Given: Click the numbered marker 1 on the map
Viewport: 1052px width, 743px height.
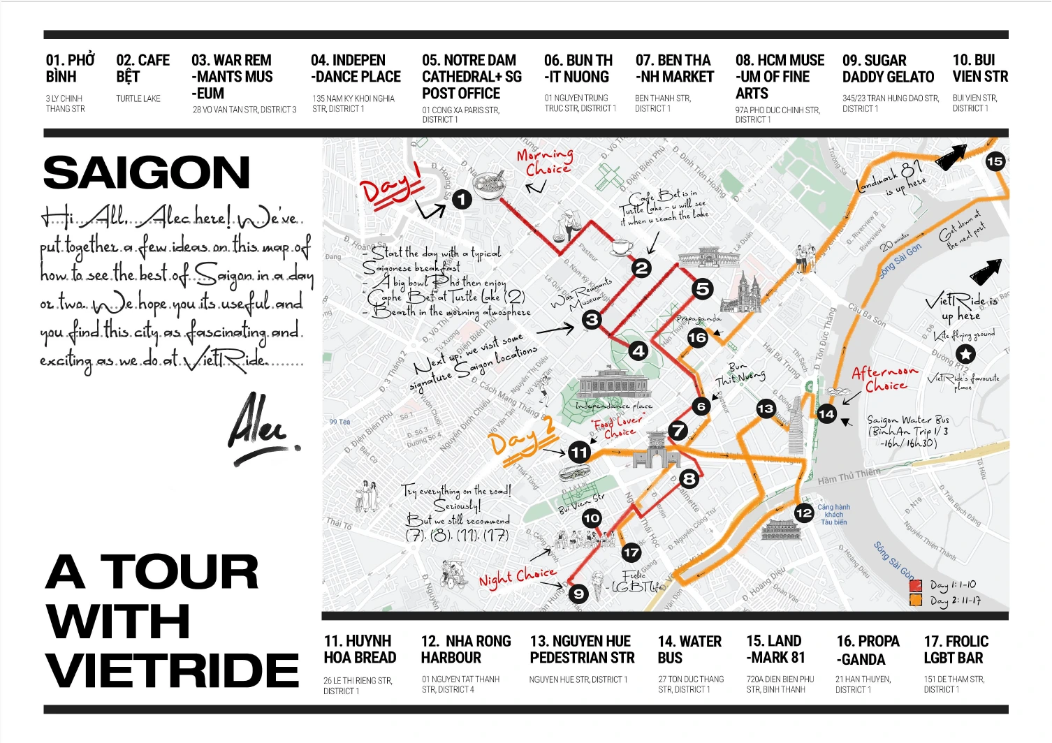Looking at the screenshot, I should pos(462,200).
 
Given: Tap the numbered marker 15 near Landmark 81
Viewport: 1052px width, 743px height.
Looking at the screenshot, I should pos(995,161).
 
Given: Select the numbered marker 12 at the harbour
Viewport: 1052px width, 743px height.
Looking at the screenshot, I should pos(804,513).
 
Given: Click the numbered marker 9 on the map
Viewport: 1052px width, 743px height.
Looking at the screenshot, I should pos(578,594).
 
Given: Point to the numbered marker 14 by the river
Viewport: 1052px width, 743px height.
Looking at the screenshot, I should pos(826,414).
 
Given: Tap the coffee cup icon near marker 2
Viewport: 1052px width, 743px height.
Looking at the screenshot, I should pos(621,247).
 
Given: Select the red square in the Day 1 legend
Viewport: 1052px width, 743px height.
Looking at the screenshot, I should pos(916,585).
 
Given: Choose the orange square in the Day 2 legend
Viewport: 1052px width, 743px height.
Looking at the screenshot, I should pos(916,600).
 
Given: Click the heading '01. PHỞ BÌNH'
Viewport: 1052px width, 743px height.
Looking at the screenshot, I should pos(70,68).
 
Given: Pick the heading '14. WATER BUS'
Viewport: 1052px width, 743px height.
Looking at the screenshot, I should pos(689,649).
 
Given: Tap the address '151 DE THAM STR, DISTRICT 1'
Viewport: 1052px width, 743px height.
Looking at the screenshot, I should pos(954,684).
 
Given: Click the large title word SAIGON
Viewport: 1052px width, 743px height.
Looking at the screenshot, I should pos(147,172).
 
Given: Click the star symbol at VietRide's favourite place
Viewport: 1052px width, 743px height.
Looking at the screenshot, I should pos(965,353).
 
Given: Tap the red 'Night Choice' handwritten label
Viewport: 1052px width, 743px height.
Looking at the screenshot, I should pos(517,576).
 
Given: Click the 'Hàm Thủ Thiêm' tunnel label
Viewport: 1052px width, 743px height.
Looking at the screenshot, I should pos(849,476).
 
